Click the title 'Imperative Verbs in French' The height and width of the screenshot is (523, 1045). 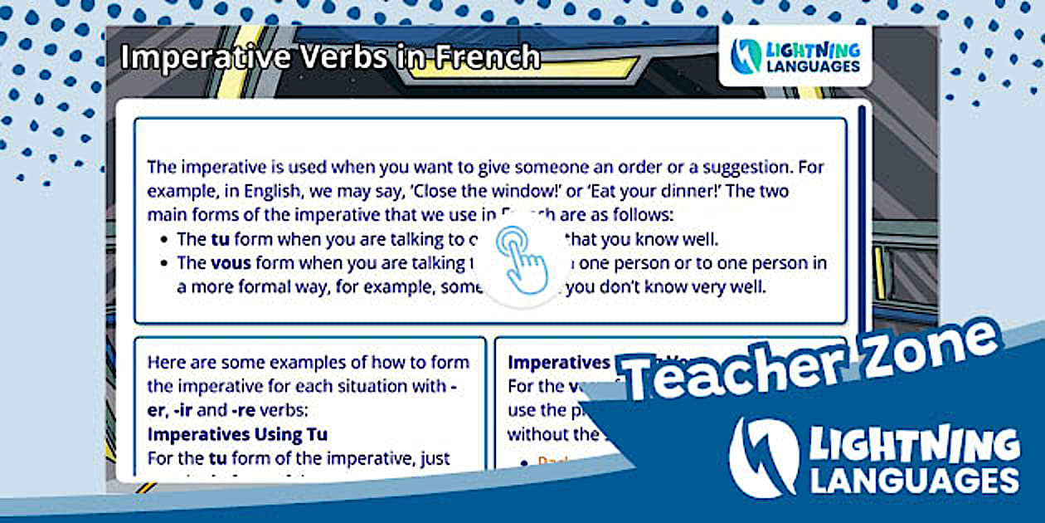point(330,57)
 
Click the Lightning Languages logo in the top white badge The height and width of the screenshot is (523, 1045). point(795,56)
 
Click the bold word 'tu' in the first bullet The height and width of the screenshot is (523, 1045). point(220,240)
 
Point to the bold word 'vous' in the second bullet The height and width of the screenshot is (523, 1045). point(231,264)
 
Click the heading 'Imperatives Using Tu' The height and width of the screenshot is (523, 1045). point(237,434)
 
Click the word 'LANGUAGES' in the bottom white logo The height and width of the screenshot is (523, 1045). point(914,480)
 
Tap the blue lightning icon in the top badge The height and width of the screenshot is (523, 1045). point(747,56)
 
